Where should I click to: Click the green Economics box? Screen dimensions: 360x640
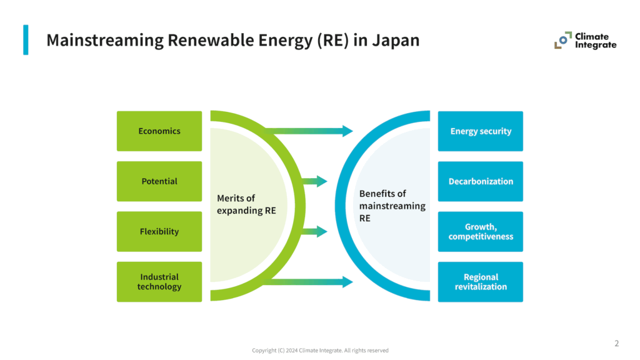coord(159,131)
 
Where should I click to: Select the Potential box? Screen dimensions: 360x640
coord(159,181)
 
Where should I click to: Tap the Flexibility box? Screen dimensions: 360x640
coord(159,231)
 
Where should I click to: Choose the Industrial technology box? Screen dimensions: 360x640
coord(159,282)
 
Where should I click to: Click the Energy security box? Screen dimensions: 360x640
coord(481,131)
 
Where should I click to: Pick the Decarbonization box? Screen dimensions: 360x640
coord(481,181)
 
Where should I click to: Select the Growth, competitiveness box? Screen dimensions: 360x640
coord(481,231)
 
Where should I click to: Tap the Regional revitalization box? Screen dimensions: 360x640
coord(481,282)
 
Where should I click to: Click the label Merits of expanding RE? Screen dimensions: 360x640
coord(246,204)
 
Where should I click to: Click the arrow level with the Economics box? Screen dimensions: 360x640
coord(309,131)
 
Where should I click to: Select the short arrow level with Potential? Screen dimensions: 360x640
coord(314,181)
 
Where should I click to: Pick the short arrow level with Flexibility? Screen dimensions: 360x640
coord(314,231)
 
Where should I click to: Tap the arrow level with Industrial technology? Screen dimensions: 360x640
coord(309,282)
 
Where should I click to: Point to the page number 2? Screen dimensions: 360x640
coord(617,343)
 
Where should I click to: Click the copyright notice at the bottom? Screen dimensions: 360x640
coord(320,351)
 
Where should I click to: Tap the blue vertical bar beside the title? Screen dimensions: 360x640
coord(26,39)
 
